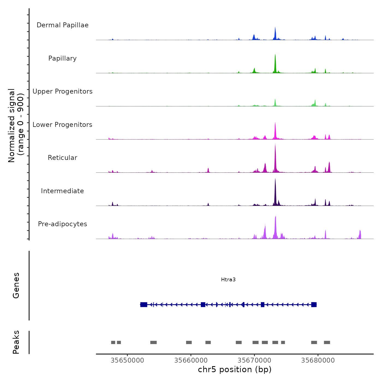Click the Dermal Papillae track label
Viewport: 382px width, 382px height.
[62, 25]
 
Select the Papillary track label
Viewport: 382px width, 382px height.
[62, 58]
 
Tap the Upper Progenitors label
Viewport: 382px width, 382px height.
[62, 91]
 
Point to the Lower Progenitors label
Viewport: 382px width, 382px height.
[62, 125]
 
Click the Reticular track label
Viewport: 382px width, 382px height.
[62, 158]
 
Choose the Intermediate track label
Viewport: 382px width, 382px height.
[62, 191]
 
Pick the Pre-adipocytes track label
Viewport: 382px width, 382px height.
[62, 224]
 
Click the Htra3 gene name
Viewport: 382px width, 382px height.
[228, 279]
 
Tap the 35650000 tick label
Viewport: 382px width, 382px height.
[127, 360]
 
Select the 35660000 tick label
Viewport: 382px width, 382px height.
[191, 360]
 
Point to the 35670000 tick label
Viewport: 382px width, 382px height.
[254, 360]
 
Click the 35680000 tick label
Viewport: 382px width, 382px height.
[318, 360]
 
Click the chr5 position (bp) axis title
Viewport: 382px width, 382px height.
[235, 369]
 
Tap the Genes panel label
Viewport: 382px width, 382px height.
[16, 285]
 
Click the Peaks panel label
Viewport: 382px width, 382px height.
[16, 342]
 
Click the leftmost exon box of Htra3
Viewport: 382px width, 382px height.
[144, 305]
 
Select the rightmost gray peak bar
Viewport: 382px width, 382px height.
[327, 342]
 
